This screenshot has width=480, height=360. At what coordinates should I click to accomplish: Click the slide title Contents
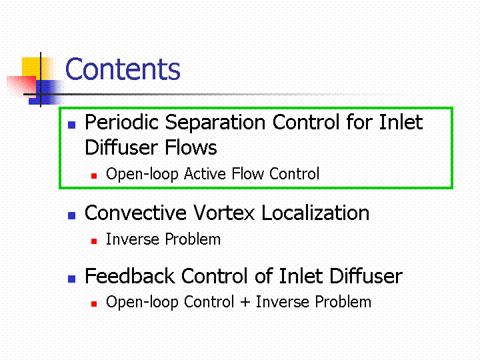[x=123, y=69]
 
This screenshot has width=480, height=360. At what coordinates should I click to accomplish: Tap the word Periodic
[x=121, y=123]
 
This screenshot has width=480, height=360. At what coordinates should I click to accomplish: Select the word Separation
[x=215, y=123]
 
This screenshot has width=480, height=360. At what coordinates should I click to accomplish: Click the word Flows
[x=191, y=147]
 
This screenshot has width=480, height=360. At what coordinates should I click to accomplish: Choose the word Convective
[x=135, y=213]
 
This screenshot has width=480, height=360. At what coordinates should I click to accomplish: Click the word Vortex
[x=224, y=213]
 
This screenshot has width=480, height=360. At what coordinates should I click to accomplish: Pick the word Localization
[x=315, y=213]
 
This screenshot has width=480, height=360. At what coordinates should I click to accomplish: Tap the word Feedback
[x=130, y=276]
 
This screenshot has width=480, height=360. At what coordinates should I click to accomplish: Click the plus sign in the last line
[x=245, y=302]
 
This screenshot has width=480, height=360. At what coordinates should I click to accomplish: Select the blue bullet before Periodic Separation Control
[x=71, y=125]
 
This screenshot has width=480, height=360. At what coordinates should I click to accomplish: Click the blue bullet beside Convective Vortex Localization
[x=71, y=215]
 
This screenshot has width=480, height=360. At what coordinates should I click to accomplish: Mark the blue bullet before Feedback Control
[x=71, y=279]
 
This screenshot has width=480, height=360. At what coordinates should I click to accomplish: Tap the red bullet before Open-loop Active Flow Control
[x=94, y=176]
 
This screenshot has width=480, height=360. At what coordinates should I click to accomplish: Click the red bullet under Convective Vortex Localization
[x=94, y=241]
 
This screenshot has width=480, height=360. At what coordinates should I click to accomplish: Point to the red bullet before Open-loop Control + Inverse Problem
[x=94, y=304]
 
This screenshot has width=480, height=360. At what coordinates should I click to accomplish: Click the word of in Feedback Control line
[x=264, y=276]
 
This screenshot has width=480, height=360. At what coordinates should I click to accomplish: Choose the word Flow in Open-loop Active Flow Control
[x=247, y=173]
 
